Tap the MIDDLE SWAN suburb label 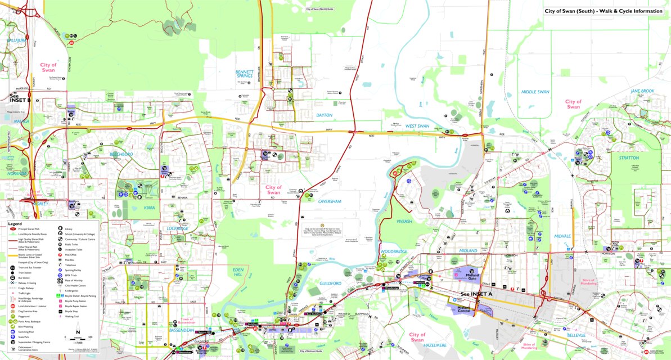point(535,92)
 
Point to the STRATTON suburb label point(628,158)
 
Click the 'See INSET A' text point(476,294)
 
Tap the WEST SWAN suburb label point(417,126)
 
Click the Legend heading point(15,223)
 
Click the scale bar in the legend point(78,339)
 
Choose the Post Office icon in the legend point(60,255)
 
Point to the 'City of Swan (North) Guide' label point(320,10)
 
